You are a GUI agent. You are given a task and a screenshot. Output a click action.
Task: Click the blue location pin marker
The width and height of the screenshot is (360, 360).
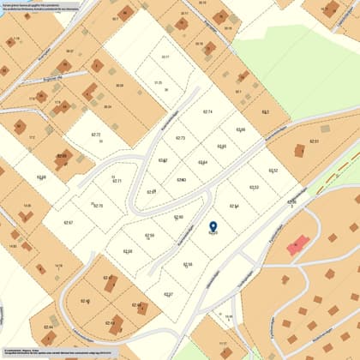point(213,227)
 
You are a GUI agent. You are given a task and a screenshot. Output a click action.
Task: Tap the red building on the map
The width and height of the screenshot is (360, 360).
point(297,245)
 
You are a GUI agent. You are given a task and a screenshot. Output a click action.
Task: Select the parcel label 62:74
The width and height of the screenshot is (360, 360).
point(207,112)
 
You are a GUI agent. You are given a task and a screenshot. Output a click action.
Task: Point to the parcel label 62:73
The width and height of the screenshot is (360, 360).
point(180,138)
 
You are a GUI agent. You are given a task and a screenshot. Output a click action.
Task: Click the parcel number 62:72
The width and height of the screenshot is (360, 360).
point(96,135)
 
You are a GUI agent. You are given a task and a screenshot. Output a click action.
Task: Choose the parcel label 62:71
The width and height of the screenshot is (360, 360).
point(117,181)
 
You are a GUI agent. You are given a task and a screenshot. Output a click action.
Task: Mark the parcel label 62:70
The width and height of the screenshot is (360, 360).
point(98,206)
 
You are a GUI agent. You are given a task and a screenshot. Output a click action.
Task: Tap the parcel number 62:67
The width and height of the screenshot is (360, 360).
point(69,223)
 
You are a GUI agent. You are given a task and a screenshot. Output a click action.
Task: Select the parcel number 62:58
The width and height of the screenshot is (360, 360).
point(128,251)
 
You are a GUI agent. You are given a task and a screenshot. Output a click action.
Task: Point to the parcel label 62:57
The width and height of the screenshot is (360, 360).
point(169,294)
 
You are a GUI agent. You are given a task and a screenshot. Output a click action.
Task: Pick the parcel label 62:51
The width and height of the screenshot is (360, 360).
point(314,141)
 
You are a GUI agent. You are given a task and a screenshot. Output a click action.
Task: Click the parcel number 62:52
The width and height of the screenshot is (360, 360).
point(273,171)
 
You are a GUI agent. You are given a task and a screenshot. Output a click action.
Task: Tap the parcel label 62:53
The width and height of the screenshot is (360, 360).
point(254,187)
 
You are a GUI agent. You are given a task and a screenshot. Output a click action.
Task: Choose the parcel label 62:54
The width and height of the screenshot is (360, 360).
point(234,206)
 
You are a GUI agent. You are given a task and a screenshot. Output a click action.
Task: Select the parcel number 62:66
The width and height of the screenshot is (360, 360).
point(241,129)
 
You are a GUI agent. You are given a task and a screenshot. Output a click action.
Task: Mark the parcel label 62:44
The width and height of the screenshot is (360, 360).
point(48,327)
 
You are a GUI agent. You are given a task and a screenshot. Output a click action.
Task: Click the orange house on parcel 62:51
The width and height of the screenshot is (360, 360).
point(299,151)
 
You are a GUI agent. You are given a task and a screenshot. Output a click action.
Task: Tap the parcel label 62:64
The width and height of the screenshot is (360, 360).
point(202,162)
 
